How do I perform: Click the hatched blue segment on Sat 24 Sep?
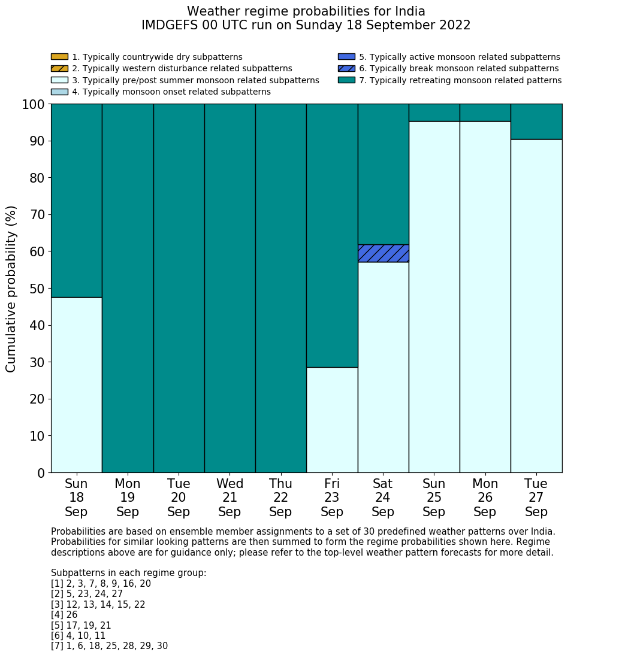[x=383, y=253]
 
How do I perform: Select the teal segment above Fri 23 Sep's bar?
[x=332, y=235]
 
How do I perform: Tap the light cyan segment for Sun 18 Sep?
[x=76, y=384]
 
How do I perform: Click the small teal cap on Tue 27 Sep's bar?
[x=536, y=122]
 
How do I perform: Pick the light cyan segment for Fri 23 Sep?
[x=332, y=420]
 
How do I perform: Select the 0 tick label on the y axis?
[x=41, y=473]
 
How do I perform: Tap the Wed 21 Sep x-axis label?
[x=230, y=498]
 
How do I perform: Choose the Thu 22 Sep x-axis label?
[x=280, y=498]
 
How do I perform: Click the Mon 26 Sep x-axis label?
[x=485, y=498]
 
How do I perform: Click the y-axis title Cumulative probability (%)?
[x=11, y=289]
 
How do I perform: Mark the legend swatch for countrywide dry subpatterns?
[x=59, y=57]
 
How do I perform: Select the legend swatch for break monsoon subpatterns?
[x=346, y=68]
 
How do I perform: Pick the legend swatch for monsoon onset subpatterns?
[x=59, y=92]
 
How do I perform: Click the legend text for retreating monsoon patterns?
[x=460, y=80]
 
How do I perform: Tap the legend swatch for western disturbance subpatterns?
[x=59, y=68]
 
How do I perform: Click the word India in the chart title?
[x=410, y=11]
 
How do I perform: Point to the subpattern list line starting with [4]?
[x=64, y=615]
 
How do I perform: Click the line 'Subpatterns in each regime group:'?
[x=128, y=573]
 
